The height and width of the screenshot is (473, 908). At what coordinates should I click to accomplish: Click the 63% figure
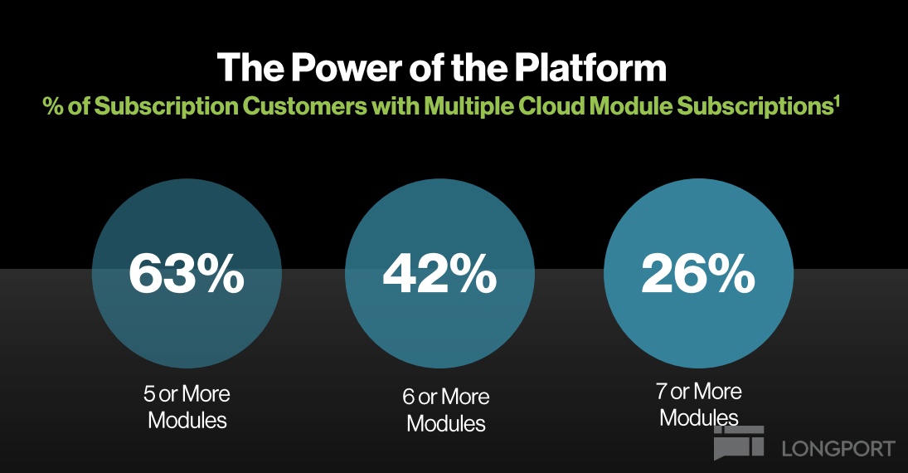(187, 273)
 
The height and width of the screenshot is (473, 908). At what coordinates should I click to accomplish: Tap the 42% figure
(439, 273)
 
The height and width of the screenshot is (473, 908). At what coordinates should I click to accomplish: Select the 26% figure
(698, 273)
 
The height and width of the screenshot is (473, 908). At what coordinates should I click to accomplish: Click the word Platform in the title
(590, 67)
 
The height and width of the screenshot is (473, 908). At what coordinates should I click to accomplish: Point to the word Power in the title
(347, 67)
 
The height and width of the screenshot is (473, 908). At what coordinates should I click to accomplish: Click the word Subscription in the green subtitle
(166, 107)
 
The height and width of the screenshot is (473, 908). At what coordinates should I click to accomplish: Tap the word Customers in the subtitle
(304, 106)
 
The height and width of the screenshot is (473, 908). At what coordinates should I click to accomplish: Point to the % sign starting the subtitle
(53, 107)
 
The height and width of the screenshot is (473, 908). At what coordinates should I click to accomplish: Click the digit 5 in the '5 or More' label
(149, 394)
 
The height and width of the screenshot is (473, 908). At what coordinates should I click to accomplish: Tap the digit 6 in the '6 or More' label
(409, 397)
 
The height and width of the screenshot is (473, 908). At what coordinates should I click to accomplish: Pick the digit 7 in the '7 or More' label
(662, 392)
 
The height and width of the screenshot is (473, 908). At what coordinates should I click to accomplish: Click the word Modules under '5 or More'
(187, 420)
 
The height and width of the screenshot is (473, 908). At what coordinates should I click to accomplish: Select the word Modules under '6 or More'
(446, 423)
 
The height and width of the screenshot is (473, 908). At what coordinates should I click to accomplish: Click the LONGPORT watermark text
(838, 449)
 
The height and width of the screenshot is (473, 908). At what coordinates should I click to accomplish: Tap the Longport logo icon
(738, 442)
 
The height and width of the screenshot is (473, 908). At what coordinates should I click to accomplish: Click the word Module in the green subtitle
(630, 106)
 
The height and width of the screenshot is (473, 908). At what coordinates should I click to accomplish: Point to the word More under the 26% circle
(719, 392)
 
